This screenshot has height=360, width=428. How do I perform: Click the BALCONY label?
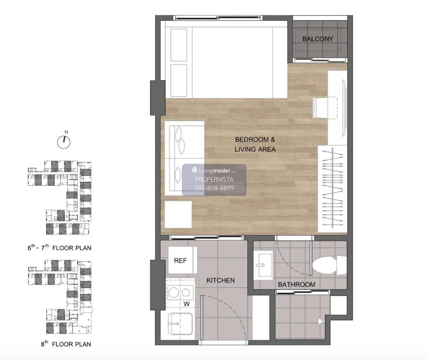(x=318, y=39)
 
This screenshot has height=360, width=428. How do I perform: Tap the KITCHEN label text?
(x=220, y=280)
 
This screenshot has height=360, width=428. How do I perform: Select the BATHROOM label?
(x=297, y=285)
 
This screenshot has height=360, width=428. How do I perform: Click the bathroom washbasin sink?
(x=264, y=265)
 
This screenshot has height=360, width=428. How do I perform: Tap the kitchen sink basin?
(x=180, y=324)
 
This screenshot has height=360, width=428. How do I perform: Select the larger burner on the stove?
(x=174, y=293)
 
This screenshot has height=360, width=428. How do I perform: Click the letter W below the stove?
(x=187, y=304)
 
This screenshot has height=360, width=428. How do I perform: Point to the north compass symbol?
(x=64, y=141)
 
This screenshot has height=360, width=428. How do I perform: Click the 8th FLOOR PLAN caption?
(x=66, y=344)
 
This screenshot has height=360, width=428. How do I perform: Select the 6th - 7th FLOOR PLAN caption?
(x=60, y=248)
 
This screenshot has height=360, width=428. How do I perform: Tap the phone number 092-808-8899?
(x=214, y=188)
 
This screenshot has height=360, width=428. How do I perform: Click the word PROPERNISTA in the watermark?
(x=214, y=179)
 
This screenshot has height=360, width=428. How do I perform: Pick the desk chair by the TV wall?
(x=325, y=108)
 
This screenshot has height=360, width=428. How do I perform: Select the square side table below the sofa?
(x=178, y=214)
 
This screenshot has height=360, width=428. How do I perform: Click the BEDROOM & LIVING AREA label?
(x=255, y=144)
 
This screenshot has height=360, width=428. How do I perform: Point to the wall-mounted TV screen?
(x=345, y=108)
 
